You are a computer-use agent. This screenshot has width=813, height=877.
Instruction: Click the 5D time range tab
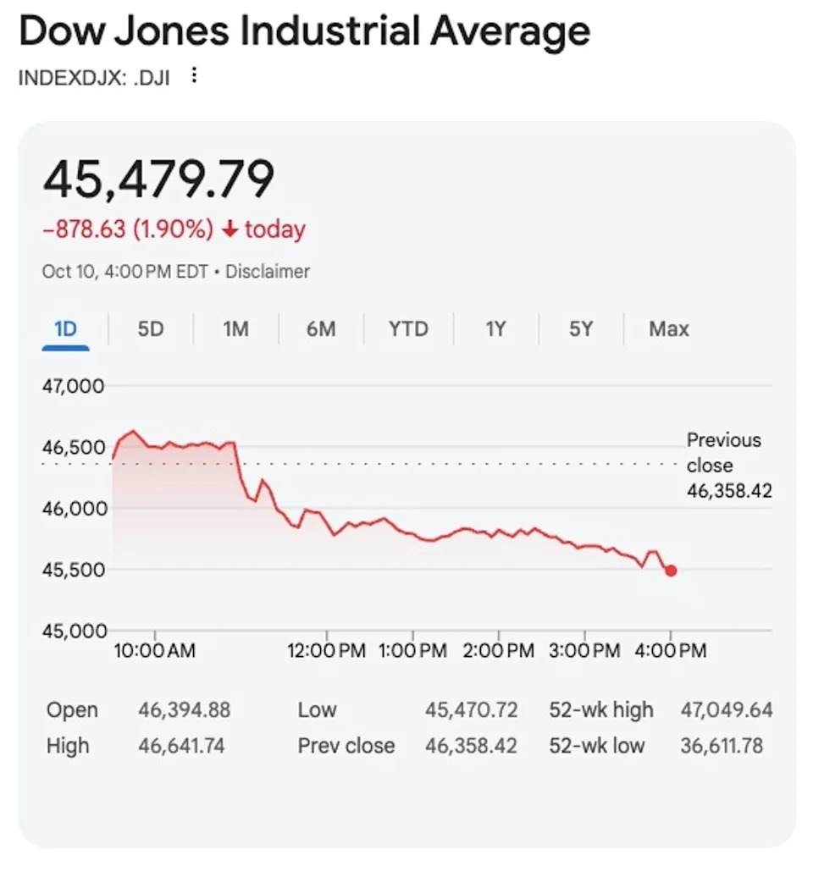tap(150, 328)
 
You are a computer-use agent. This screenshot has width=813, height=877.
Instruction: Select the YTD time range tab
tap(408, 328)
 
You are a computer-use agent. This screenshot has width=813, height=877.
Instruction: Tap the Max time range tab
tap(669, 328)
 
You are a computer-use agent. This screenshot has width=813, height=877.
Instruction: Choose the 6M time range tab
tap(321, 328)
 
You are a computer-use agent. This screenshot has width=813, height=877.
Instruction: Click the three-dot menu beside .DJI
tap(194, 76)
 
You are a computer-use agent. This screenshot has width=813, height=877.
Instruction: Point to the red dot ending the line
tap(671, 571)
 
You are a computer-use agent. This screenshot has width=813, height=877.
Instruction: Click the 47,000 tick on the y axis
tap(74, 386)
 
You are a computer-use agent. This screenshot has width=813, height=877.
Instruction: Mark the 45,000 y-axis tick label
tap(74, 631)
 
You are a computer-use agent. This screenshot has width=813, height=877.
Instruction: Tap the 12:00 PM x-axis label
tap(326, 651)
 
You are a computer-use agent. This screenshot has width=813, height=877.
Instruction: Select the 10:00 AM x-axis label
tap(155, 651)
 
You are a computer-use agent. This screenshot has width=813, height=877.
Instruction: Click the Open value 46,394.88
tap(185, 709)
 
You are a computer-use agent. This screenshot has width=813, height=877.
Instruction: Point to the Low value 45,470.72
tap(471, 709)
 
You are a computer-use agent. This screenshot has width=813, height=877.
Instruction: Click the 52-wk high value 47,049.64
tap(727, 709)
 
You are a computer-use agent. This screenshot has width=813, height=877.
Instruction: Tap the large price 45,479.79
tap(159, 179)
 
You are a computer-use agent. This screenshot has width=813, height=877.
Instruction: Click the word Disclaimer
tap(268, 272)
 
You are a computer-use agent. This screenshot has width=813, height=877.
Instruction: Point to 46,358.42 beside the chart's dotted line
tap(729, 490)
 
